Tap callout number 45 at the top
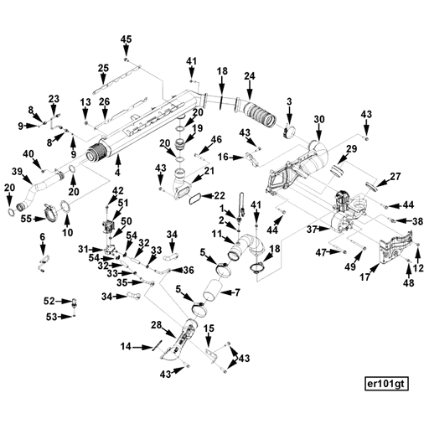[x=126, y=40]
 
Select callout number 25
[x=103, y=68]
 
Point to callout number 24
[x=249, y=77]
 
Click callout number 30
[x=318, y=120]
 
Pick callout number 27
[x=395, y=177]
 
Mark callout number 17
[x=365, y=277]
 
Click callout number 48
[x=408, y=283]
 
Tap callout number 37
[x=311, y=229]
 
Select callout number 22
[x=220, y=195]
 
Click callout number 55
[x=26, y=219]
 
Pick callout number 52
[x=49, y=300]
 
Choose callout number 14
[x=125, y=346]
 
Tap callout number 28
[x=156, y=325]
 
